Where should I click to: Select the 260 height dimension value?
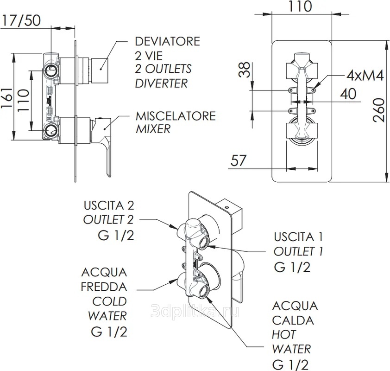379,110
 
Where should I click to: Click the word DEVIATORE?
167,41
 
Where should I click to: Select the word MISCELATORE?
176,115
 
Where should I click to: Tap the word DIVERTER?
161,83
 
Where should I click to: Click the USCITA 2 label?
108,205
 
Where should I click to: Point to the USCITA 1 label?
298,237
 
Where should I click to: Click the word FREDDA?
104,286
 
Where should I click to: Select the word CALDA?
293,320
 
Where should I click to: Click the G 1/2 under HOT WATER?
290,364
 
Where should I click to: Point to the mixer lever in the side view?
106,144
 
